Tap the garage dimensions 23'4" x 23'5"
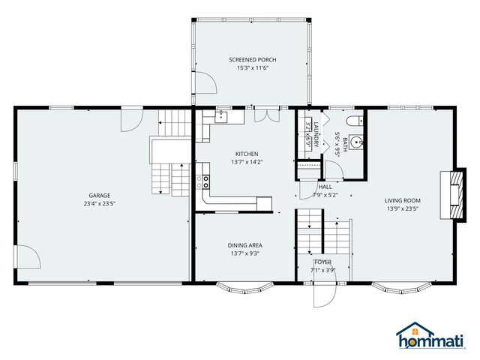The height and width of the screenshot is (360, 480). point(100,202)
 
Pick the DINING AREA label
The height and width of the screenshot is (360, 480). point(245,245)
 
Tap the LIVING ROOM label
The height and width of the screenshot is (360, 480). point(402,200)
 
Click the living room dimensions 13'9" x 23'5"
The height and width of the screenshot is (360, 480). point(402,209)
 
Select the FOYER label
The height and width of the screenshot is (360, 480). point(323,262)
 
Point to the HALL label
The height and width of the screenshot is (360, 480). point(325,187)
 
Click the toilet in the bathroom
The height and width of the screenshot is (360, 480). point(355,120)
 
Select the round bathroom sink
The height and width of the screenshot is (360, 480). point(355,140)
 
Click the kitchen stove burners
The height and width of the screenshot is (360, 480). point(205,181)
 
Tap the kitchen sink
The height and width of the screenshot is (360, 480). point(223,115)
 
